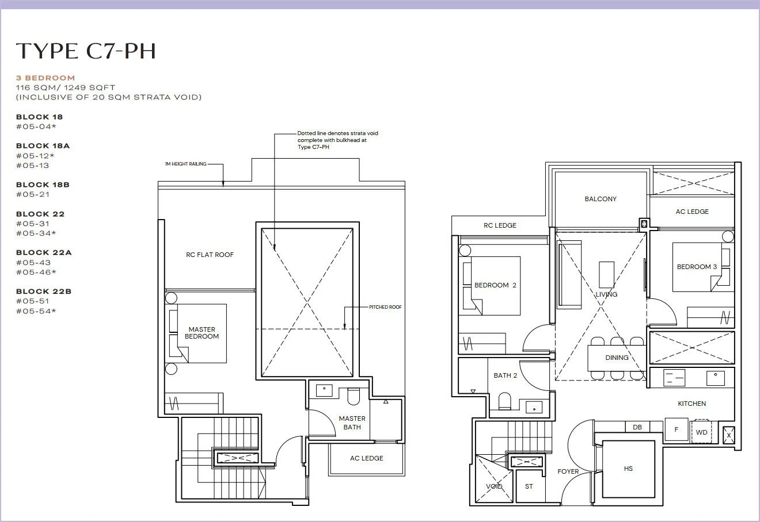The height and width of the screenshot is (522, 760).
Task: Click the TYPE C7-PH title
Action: click(86, 51)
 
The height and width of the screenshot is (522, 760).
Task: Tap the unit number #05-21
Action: click(33, 194)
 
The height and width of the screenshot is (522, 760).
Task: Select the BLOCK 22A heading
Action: click(44, 252)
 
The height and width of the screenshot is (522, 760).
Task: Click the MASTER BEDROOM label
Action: click(202, 333)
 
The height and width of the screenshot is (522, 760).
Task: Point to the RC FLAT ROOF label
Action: click(210, 255)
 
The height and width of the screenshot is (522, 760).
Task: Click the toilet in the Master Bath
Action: click(354, 396)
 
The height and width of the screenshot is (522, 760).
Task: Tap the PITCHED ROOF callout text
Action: click(385, 307)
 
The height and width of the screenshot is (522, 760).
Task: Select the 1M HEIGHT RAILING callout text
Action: click(185, 164)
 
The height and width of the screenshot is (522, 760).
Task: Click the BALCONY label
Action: click(601, 199)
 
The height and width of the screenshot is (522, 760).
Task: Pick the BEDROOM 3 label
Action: click(697, 267)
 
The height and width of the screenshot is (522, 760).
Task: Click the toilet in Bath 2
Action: click(504, 401)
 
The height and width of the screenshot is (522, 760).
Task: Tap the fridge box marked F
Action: click(676, 429)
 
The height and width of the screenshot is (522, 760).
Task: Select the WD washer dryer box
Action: click(702, 432)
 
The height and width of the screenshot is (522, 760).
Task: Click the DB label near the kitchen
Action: click(637, 427)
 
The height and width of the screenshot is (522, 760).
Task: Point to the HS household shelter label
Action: click(628, 469)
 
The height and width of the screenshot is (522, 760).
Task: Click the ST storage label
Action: click(529, 486)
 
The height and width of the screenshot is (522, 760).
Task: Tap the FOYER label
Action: click(568, 471)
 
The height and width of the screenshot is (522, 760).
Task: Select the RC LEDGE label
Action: click(500, 225)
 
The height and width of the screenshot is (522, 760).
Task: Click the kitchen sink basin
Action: click(716, 378)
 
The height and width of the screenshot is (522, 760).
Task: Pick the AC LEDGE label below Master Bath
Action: click(366, 458)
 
